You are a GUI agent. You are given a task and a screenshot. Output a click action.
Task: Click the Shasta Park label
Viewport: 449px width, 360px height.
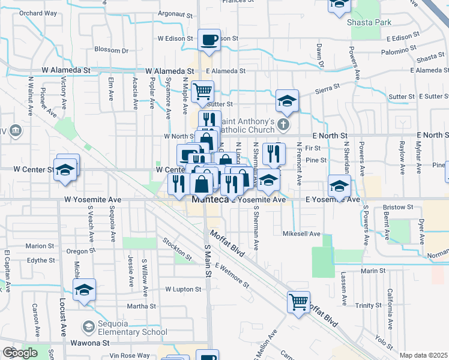tap(369, 22)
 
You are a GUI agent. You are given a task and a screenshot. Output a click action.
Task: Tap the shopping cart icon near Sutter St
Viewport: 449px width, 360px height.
tap(203, 92)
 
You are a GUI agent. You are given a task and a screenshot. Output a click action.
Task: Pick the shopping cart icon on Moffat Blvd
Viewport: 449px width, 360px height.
tap(298, 302)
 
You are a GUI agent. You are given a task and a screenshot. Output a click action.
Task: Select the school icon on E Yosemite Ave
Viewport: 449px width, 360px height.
tap(339, 185)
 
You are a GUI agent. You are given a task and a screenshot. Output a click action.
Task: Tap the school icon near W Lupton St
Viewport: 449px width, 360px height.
tap(85, 290)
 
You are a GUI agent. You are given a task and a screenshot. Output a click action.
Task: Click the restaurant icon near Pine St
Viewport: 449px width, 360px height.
tap(274, 153)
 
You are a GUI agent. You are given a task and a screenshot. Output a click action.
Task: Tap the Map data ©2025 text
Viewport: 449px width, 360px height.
tap(424, 355)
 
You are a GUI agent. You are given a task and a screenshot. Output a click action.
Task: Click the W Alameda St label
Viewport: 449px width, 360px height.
tap(67, 70)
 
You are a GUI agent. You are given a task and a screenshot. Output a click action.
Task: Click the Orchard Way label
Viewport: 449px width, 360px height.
tap(38, 13)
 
